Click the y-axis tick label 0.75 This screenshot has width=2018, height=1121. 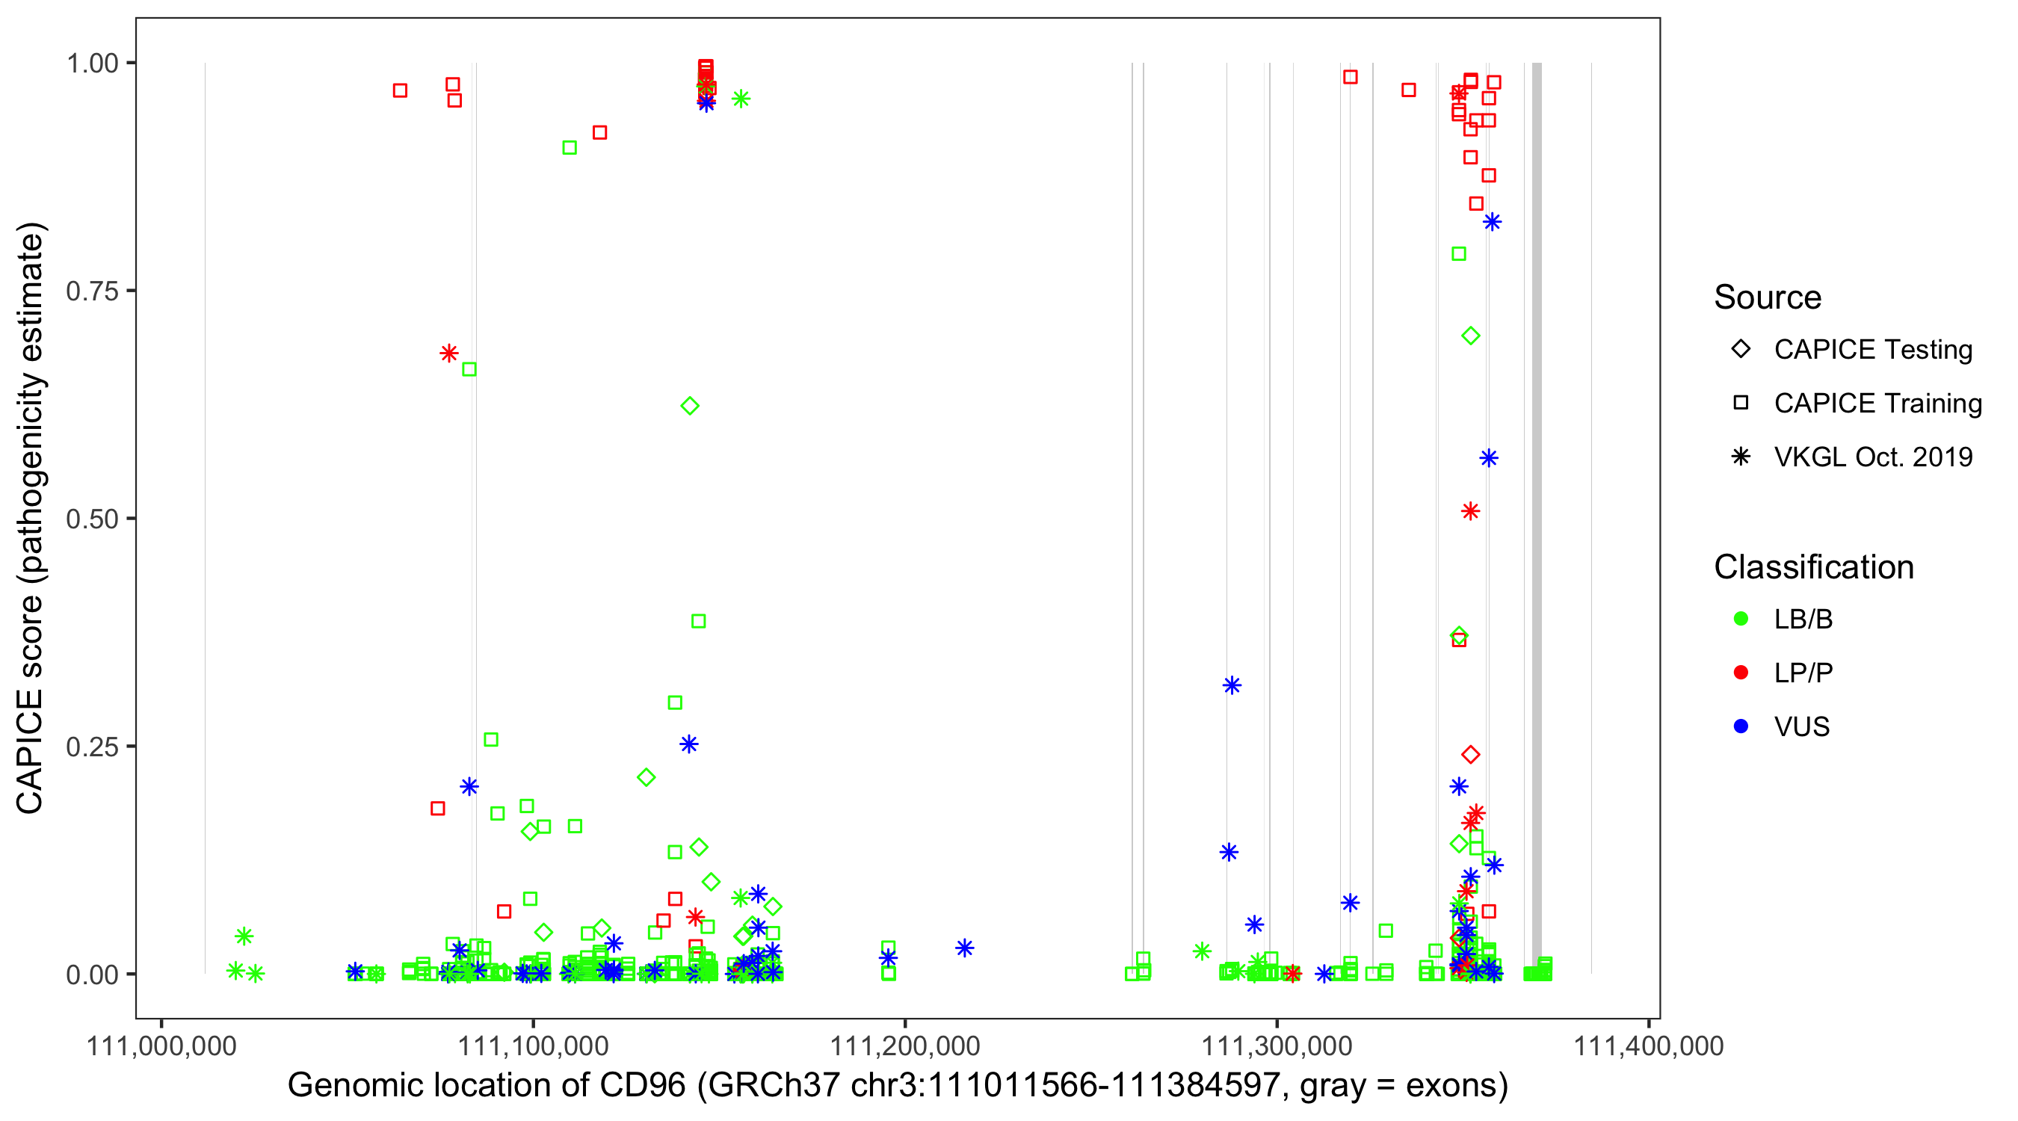[91, 291]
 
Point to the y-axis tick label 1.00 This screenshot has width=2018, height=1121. [91, 63]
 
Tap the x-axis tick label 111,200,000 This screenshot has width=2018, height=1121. [905, 1046]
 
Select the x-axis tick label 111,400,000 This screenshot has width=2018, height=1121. [1648, 1046]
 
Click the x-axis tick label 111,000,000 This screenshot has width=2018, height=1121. [161, 1046]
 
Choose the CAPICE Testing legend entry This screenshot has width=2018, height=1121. [1872, 350]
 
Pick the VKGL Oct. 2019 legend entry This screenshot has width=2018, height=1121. [1872, 457]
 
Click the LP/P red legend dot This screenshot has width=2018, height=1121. [1741, 673]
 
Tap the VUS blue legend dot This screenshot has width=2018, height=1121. [1741, 727]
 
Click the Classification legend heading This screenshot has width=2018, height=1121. [1813, 567]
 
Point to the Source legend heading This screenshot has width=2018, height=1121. [1768, 297]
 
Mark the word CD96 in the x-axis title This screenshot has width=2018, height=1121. [641, 1086]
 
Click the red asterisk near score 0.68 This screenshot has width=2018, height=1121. [449, 353]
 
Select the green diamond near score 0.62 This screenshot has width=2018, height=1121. [690, 406]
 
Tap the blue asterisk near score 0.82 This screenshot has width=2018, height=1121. [1493, 222]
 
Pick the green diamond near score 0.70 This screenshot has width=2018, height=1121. [1470, 336]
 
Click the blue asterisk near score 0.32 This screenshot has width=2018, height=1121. [1232, 685]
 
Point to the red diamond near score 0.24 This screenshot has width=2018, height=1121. [1470, 754]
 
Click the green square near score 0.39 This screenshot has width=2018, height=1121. [699, 621]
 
